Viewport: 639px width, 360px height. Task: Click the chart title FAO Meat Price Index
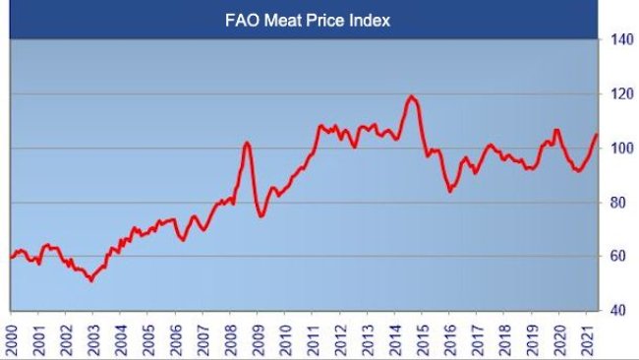[x=304, y=19]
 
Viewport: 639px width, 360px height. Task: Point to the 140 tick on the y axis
[x=619, y=40]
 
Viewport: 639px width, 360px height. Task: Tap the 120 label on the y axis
[x=619, y=94]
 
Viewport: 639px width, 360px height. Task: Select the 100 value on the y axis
[x=619, y=149]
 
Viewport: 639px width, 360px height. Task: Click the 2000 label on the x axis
[x=13, y=332]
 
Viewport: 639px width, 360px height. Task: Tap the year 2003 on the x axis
[x=93, y=332]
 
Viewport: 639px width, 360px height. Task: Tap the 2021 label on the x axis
[x=588, y=332]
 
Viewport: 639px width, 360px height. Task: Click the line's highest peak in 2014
[x=411, y=96]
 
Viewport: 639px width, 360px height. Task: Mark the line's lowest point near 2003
[x=90, y=280]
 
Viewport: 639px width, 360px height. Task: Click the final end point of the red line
[x=597, y=135]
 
